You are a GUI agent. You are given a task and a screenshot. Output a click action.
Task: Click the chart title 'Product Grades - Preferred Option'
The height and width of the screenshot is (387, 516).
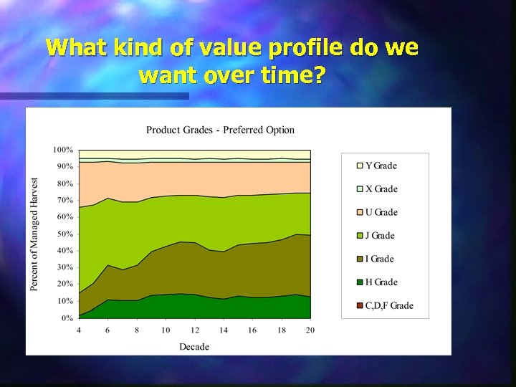pyautogui.click(x=220, y=130)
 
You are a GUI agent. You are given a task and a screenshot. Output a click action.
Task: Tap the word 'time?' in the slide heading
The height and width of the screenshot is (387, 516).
pyautogui.click(x=285, y=75)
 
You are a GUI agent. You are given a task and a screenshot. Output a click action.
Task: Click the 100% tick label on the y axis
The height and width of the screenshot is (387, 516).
pyautogui.click(x=62, y=150)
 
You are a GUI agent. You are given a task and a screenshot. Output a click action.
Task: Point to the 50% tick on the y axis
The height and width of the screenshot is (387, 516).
pyautogui.click(x=64, y=234)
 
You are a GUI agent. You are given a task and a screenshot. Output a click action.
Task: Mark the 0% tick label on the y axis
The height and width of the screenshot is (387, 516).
pyautogui.click(x=66, y=317)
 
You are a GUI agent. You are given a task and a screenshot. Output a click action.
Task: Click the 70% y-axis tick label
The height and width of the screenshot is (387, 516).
pyautogui.click(x=64, y=200)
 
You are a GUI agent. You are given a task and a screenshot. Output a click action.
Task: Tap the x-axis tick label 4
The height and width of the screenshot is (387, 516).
pyautogui.click(x=79, y=330)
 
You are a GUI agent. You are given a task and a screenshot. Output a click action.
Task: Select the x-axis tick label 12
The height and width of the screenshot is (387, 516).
pyautogui.click(x=195, y=330)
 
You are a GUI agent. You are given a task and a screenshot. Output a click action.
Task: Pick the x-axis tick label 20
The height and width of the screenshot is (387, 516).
pyautogui.click(x=310, y=330)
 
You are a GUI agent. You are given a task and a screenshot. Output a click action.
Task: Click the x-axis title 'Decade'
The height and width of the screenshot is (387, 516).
pyautogui.click(x=194, y=347)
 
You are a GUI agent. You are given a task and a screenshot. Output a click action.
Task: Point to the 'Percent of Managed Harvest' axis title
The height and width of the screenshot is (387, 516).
pyautogui.click(x=34, y=234)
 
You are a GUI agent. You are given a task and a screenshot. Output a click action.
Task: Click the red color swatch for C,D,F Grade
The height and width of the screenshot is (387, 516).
pyautogui.click(x=360, y=306)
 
